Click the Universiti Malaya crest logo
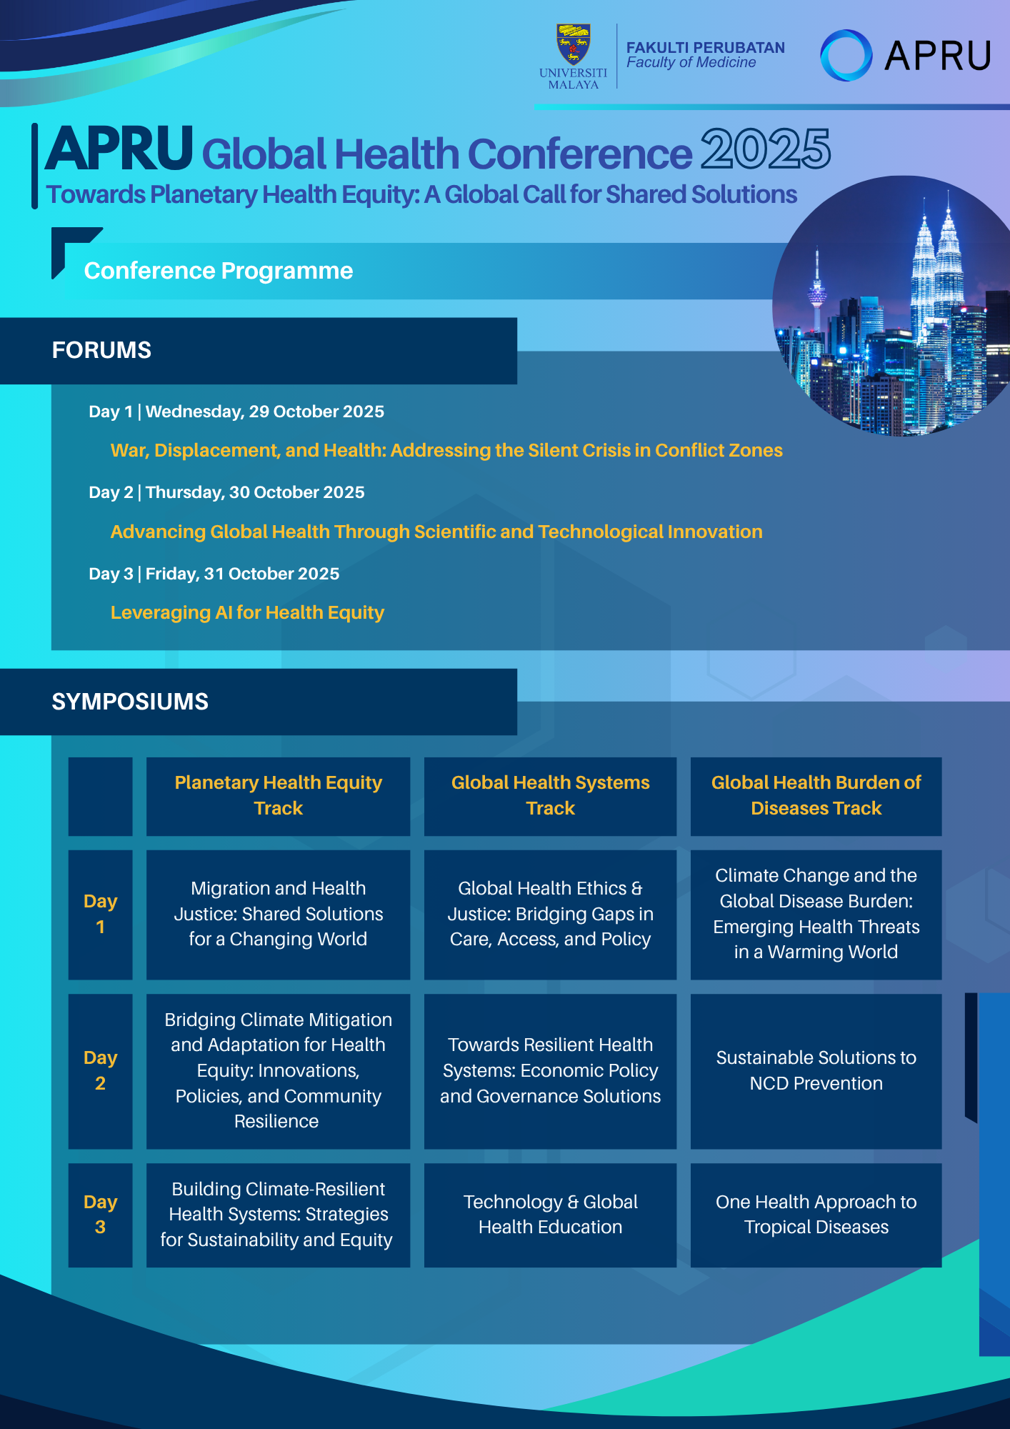coord(574,44)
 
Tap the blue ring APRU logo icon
coord(846,55)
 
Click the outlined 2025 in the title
coord(765,149)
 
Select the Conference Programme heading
coord(219,271)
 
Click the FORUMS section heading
coord(101,350)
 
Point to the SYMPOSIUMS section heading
coord(130,702)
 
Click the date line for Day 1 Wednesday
coord(236,412)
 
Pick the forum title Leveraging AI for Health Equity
coord(247,612)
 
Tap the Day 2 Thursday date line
coord(226,492)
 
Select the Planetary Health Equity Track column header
coord(279,795)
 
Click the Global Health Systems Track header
coord(550,795)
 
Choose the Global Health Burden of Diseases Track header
coord(816,795)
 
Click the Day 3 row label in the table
coord(100,1215)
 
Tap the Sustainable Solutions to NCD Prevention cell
coord(816,1070)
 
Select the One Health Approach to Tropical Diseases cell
coord(816,1215)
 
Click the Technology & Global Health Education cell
coord(550,1215)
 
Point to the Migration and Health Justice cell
coord(279,914)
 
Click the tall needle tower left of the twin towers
coord(816,293)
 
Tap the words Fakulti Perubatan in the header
coord(706,48)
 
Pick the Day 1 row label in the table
coord(100,914)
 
